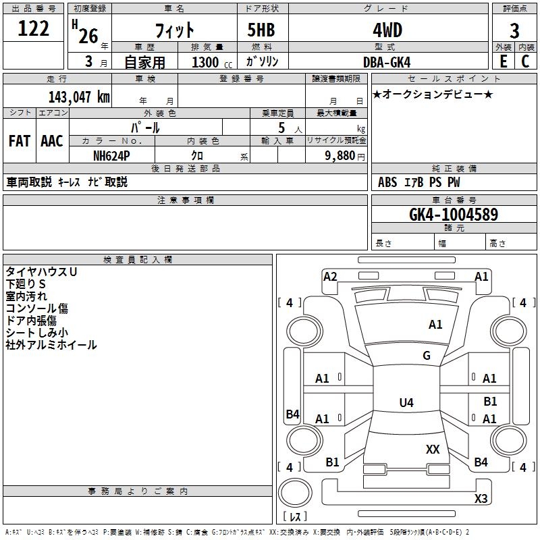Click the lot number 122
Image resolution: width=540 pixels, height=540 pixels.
click(33, 28)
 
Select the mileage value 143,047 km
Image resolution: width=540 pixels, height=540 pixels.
click(79, 97)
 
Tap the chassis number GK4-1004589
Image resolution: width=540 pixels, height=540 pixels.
click(454, 214)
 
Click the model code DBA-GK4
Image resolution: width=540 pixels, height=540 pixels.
click(387, 62)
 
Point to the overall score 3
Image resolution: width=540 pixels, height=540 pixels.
click(514, 31)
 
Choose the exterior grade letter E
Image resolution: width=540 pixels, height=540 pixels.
click(503, 61)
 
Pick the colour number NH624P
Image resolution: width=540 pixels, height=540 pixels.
click(111, 156)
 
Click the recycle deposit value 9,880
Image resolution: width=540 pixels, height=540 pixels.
click(340, 156)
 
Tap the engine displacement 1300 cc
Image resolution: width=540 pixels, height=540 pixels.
click(212, 62)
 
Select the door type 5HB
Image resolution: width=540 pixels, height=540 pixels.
click(261, 30)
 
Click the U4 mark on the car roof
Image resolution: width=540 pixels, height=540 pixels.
click(406, 402)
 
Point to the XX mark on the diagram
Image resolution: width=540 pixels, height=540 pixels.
click(433, 449)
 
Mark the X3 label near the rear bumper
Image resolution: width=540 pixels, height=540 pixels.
click(481, 498)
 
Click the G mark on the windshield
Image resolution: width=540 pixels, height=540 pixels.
click(427, 355)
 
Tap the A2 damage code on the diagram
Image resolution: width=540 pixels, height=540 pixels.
click(330, 277)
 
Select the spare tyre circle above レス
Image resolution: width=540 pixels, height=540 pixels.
click(295, 493)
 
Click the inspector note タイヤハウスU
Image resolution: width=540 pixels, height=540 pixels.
click(41, 272)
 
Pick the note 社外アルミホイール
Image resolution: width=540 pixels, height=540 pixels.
click(51, 345)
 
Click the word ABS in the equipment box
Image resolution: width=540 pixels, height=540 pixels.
click(387, 182)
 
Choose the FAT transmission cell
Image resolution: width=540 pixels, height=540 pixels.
click(20, 141)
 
